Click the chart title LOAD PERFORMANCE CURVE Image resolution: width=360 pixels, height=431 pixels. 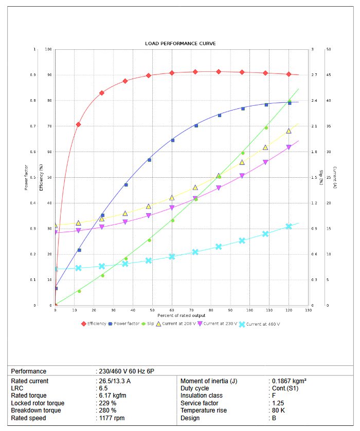(180, 44)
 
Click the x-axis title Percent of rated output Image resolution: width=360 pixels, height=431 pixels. (182, 315)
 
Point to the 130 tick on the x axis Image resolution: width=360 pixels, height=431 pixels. (308, 310)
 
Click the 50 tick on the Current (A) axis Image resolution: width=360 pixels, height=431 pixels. (328, 49)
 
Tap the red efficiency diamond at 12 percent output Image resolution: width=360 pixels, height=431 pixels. (78, 124)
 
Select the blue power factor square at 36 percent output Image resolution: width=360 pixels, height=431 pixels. (125, 185)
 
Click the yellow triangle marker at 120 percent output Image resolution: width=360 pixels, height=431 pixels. (289, 131)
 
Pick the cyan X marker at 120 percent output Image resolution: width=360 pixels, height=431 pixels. (289, 227)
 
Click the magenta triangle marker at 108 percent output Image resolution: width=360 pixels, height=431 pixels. (265, 162)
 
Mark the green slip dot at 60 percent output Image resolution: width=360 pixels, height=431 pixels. (172, 220)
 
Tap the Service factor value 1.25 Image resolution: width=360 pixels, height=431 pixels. (278, 403)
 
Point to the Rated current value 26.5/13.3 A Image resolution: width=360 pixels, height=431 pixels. (114, 381)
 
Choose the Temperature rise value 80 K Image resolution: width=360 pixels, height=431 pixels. (278, 410)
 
